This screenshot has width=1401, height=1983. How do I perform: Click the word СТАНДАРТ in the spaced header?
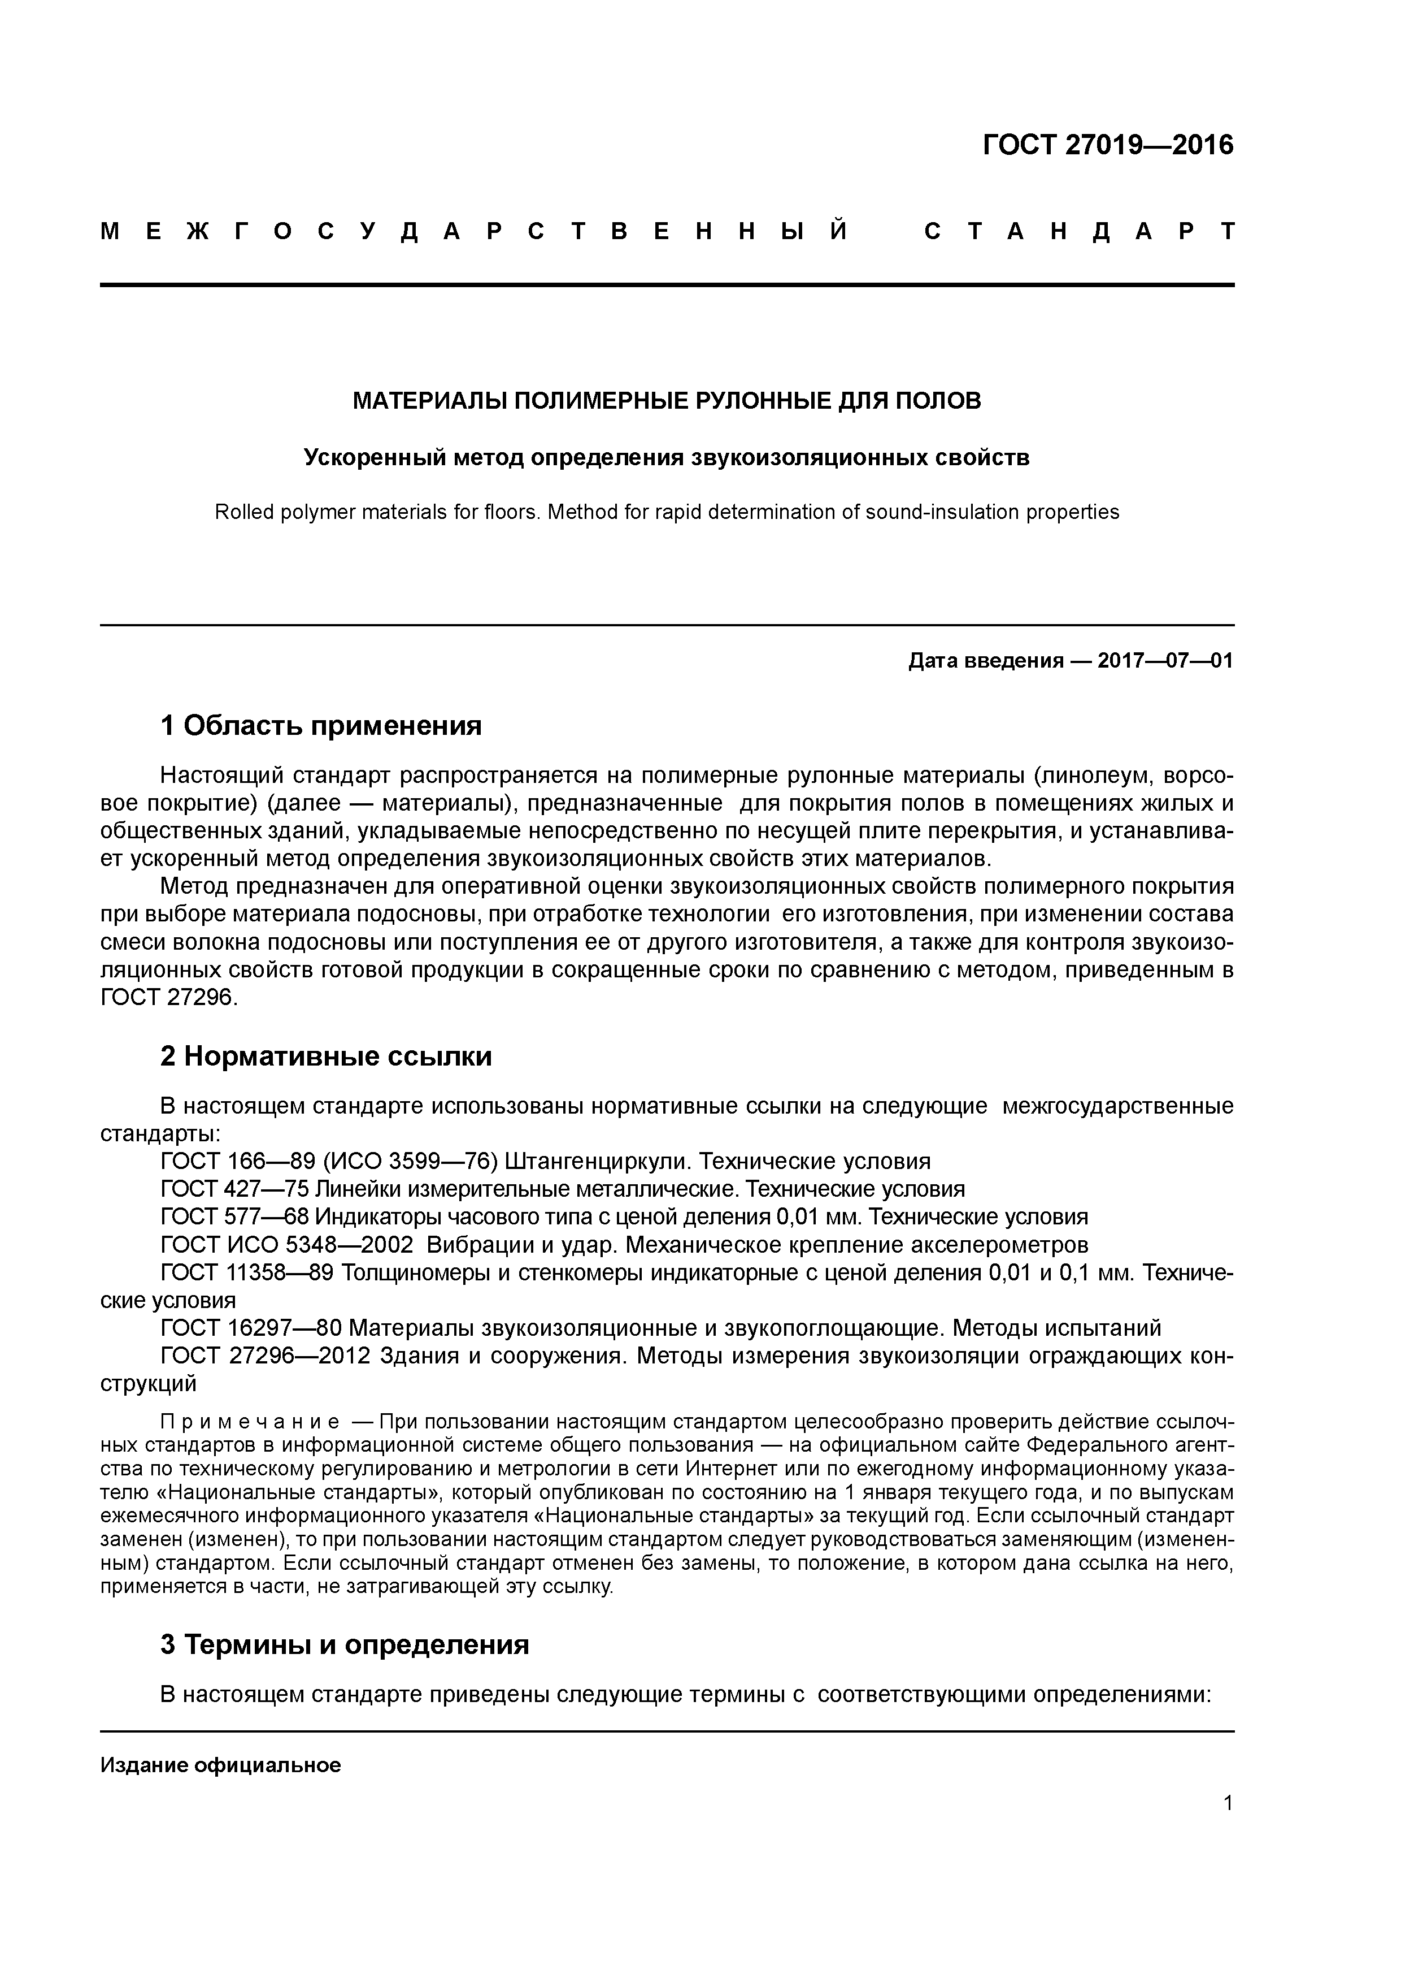[x=1078, y=231]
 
